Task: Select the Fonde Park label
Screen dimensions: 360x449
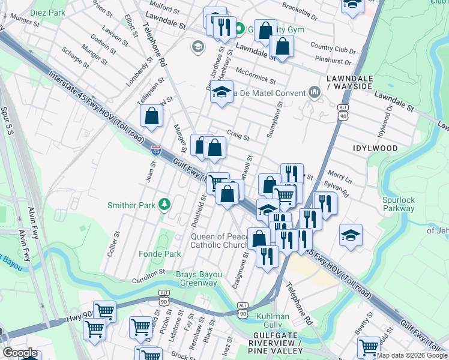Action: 160,254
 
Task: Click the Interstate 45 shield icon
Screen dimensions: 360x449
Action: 155,151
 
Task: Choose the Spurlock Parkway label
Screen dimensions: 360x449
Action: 398,204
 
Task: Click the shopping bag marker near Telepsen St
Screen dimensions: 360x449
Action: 151,115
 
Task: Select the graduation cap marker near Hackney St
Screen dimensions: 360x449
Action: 221,92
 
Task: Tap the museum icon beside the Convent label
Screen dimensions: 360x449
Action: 314,92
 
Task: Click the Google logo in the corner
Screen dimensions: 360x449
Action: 19,353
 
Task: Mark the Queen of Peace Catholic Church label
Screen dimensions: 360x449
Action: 219,241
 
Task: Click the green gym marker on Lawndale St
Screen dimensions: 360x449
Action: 239,29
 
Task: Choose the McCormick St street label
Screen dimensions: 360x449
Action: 255,76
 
